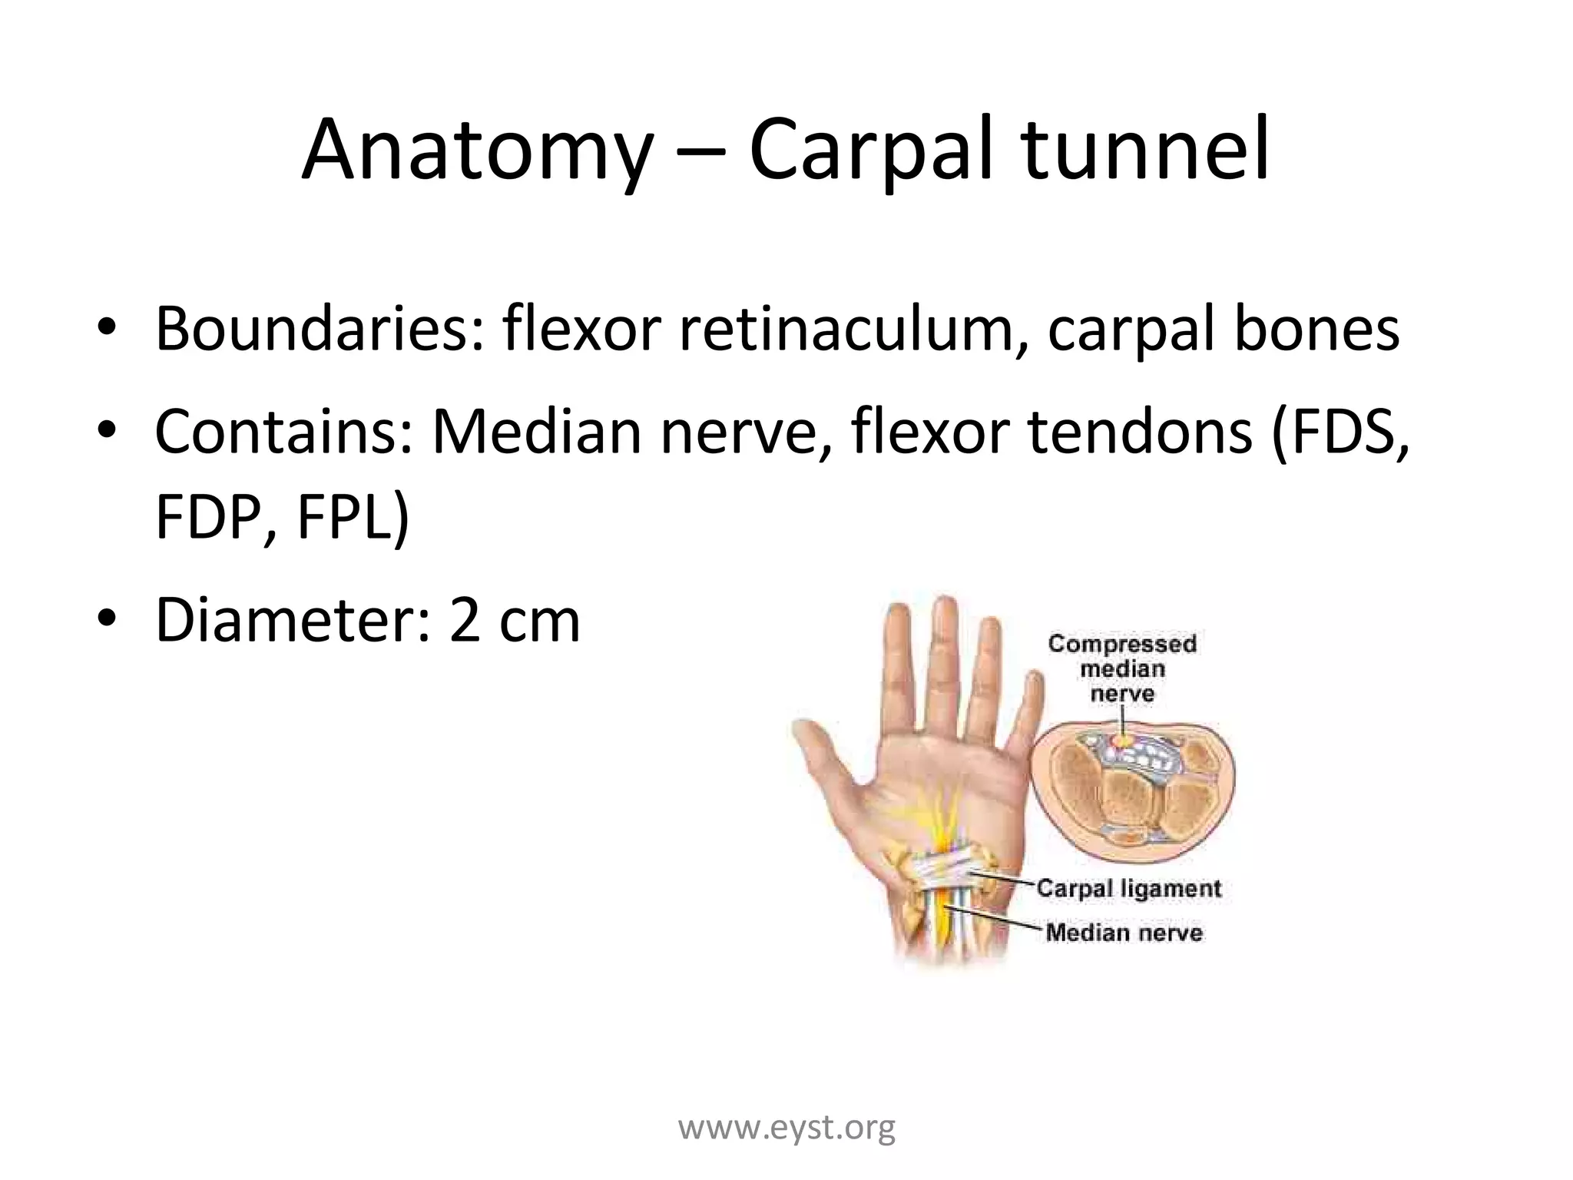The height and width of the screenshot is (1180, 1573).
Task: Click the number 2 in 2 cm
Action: (x=465, y=621)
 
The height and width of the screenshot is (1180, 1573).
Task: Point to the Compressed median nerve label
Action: (x=1122, y=668)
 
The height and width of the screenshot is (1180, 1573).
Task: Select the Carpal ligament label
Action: (x=1128, y=888)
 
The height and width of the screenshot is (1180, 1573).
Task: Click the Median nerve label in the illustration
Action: (x=1124, y=933)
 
